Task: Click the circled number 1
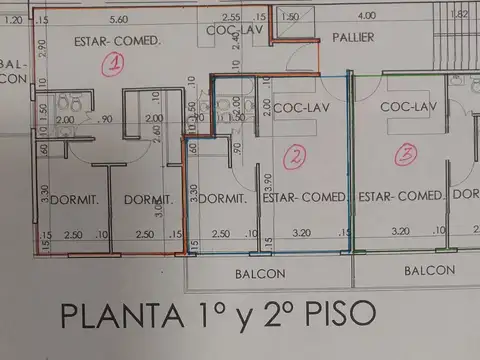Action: coord(114,65)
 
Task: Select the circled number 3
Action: coord(405,154)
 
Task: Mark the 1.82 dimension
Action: coord(460,15)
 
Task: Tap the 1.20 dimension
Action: coord(12,19)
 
